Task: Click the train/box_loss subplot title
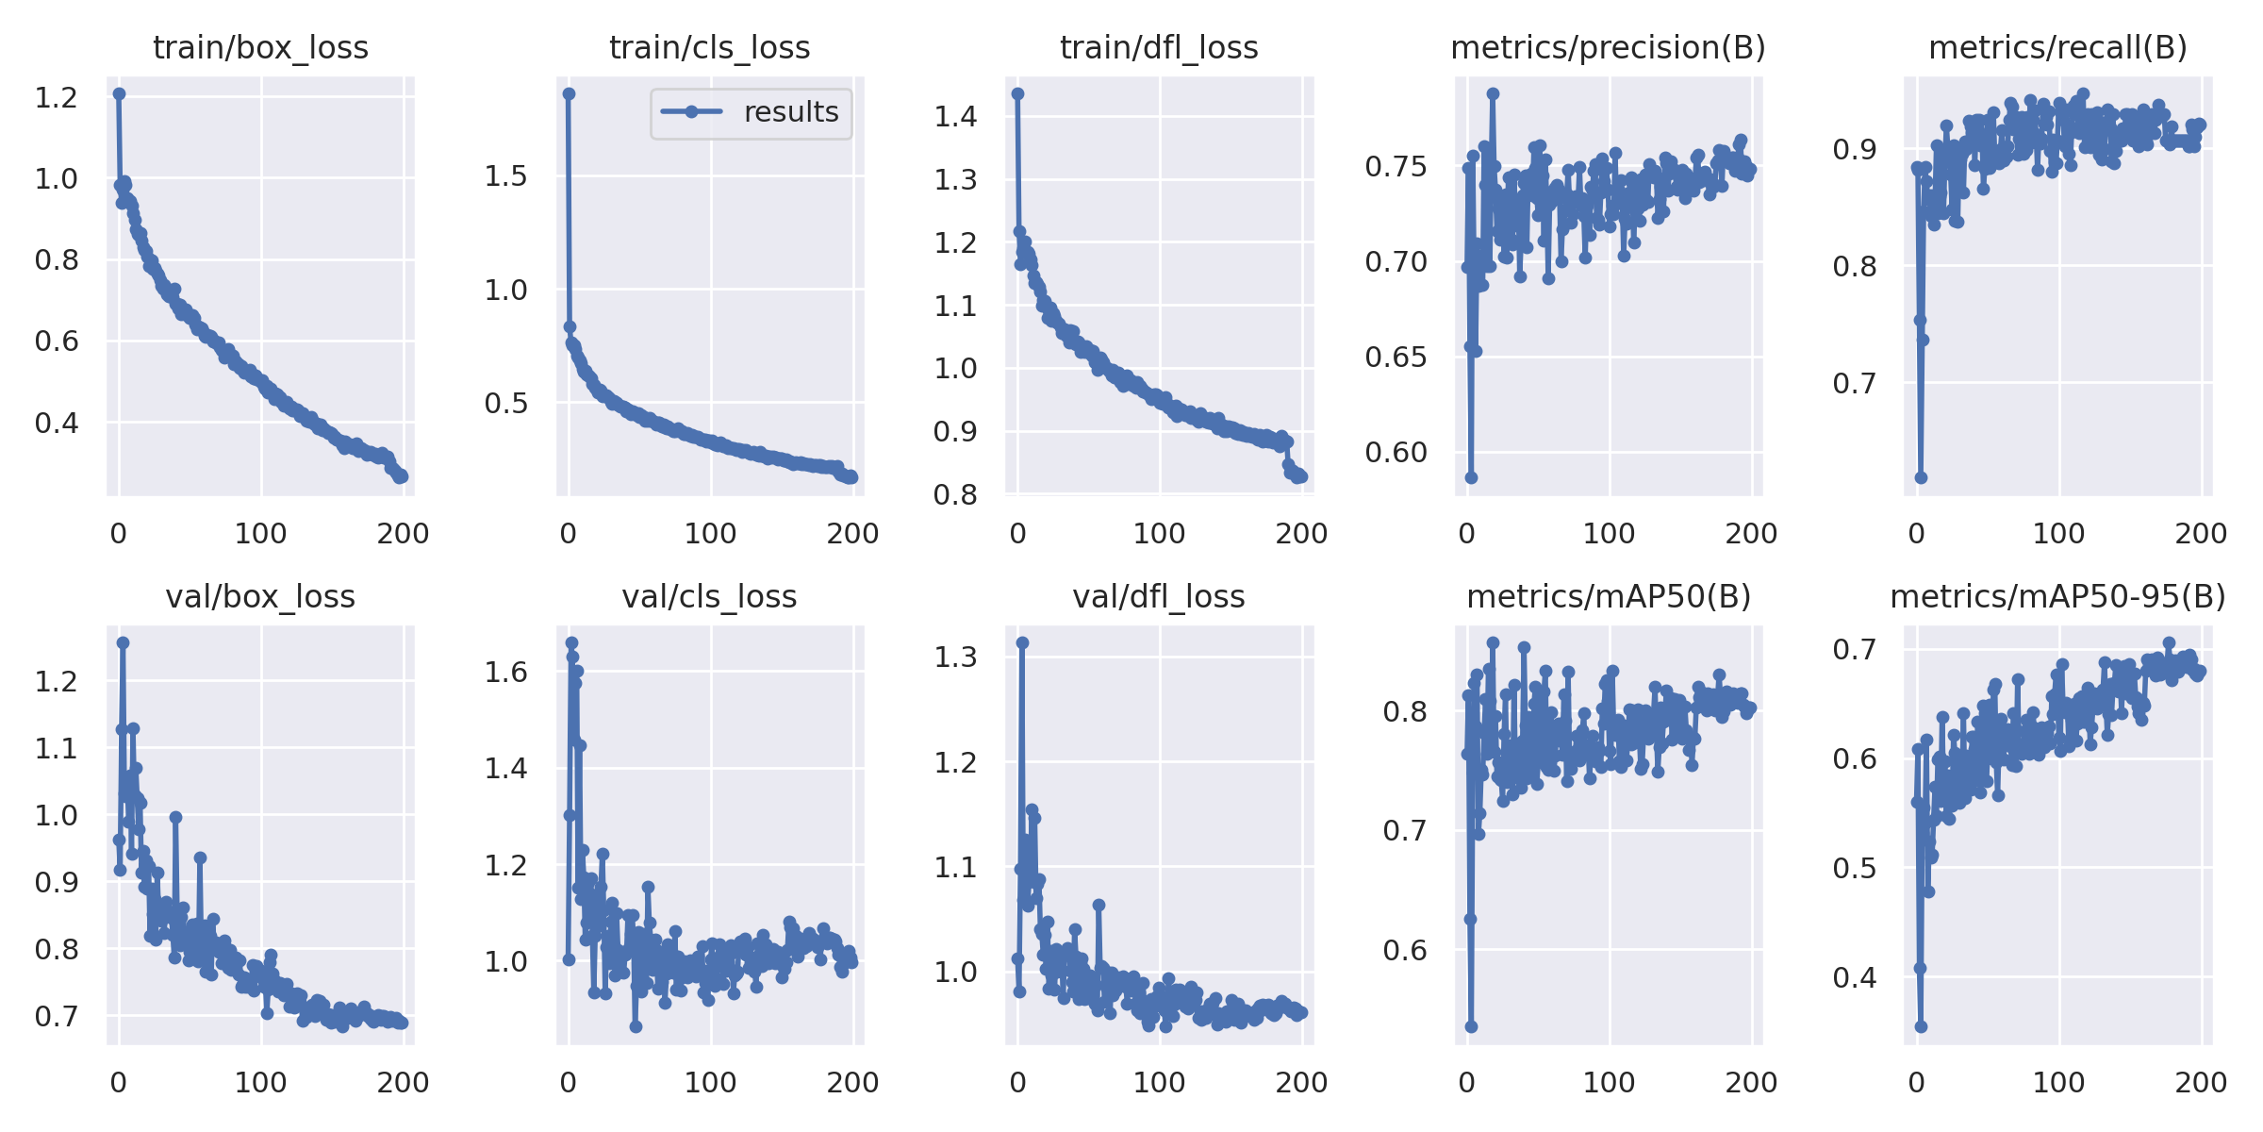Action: [260, 47]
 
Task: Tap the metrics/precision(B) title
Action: [1608, 47]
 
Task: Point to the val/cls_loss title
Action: [709, 596]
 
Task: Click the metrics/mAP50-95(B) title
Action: [2057, 596]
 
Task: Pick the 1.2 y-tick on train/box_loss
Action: [56, 97]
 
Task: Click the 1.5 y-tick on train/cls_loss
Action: [505, 175]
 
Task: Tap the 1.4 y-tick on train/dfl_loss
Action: [955, 116]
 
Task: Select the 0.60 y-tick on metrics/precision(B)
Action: [1396, 453]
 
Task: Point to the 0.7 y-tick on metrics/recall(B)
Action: [1855, 383]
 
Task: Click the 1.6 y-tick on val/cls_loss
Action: [505, 672]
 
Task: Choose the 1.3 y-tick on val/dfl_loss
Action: [955, 657]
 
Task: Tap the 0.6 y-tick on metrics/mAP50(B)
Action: [1405, 950]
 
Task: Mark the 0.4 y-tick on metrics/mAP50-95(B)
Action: [1855, 977]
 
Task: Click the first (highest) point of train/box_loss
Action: [119, 94]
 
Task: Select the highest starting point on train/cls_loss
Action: [569, 94]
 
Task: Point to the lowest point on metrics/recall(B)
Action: [1921, 477]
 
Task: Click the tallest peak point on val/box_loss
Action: [123, 642]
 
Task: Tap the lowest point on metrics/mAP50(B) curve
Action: [1471, 1026]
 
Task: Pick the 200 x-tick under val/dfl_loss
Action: [1301, 1082]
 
